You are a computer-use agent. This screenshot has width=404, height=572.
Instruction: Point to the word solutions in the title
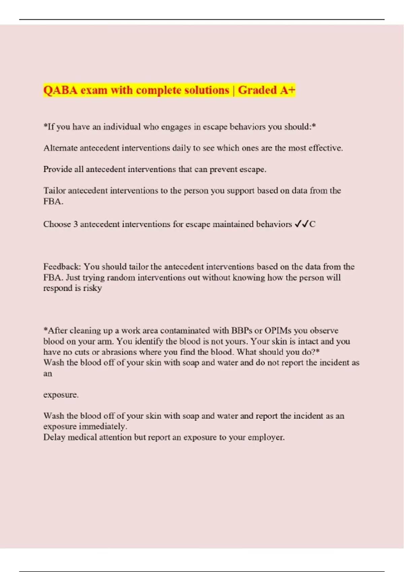tap(207, 90)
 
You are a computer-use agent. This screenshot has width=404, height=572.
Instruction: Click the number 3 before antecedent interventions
tap(76, 224)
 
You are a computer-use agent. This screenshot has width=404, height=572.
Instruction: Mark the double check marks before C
tap(302, 224)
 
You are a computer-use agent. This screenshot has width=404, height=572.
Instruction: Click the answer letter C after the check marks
tap(312, 224)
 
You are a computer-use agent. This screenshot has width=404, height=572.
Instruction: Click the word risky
tap(92, 288)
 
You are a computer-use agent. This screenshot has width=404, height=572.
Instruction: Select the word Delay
tap(54, 437)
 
